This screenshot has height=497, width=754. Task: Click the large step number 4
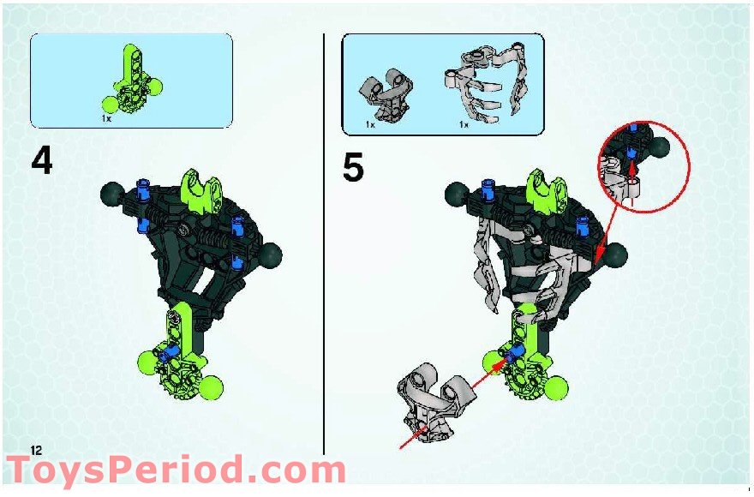42,163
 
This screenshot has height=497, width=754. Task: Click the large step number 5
353,168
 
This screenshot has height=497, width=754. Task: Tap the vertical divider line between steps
323,257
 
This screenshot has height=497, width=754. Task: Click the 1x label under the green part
106,119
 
